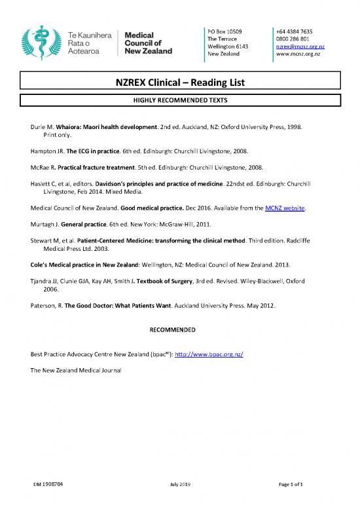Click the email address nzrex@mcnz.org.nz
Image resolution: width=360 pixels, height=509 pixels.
300,47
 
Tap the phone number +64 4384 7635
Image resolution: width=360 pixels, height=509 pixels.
294,31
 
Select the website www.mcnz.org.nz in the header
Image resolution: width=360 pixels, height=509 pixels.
298,55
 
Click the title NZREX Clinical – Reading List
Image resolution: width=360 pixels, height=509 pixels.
180,83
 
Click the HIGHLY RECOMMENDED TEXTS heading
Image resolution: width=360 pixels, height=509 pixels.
180,100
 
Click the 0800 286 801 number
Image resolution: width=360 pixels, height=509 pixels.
294,39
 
